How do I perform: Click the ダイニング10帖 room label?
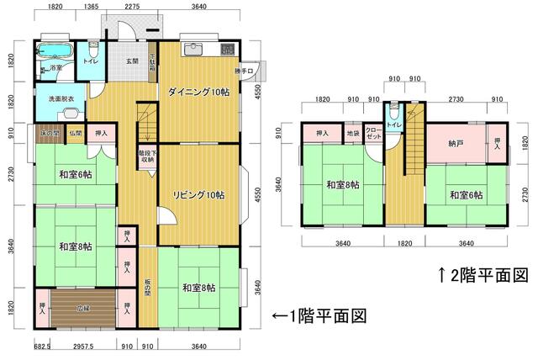pos(198,93)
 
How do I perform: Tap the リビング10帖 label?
pos(198,195)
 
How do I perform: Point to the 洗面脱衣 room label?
pos(61,100)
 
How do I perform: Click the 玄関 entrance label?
pos(133,61)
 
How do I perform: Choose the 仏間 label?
pos(75,134)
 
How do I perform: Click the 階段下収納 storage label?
pos(146,157)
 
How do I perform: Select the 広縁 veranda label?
pos(83,308)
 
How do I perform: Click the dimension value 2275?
pos(132,7)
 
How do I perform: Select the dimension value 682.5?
pos(42,346)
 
